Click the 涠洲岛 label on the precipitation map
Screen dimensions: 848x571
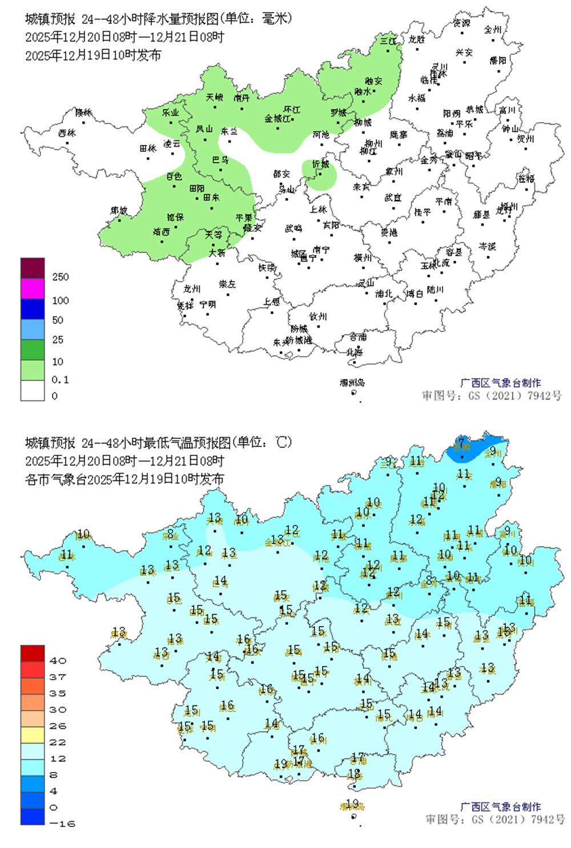click(352, 382)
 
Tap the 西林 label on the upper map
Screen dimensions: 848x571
click(67, 133)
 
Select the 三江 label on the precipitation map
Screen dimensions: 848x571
click(388, 41)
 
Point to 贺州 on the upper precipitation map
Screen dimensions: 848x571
click(525, 139)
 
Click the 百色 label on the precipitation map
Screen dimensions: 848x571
click(174, 177)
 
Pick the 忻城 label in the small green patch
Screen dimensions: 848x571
click(320, 164)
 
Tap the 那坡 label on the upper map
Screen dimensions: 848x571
click(119, 211)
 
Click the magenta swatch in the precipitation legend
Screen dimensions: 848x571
click(33, 288)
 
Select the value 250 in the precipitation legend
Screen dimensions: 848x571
click(60, 277)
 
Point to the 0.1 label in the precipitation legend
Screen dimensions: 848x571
click(60, 379)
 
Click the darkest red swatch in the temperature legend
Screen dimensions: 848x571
click(33, 653)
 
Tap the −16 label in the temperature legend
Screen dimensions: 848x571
click(62, 823)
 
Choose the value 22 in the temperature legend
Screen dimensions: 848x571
click(58, 742)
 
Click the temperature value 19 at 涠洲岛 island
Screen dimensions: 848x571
click(352, 803)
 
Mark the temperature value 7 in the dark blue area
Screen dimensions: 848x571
click(461, 441)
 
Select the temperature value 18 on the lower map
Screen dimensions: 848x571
click(354, 774)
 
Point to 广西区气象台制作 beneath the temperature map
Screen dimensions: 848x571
click(500, 807)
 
